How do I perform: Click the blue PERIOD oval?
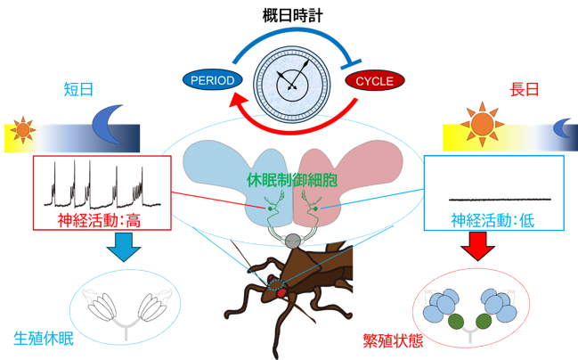(212, 80)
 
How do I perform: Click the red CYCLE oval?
(375, 80)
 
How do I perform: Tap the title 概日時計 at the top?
(293, 16)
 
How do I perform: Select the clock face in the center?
(292, 85)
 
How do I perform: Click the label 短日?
(78, 90)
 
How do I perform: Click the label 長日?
(525, 90)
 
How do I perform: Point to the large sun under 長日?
(482, 124)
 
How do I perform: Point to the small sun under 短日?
(23, 130)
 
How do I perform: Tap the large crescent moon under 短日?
(107, 124)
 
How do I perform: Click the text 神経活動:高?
(99, 221)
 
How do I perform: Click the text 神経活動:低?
(493, 221)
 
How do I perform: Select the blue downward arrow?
(124, 247)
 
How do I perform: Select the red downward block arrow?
(477, 246)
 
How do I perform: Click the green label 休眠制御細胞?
(292, 180)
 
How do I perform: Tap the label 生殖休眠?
(44, 339)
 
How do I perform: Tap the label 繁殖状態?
(393, 340)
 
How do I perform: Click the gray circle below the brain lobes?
(293, 241)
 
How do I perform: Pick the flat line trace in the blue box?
(500, 200)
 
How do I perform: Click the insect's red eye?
(282, 293)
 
